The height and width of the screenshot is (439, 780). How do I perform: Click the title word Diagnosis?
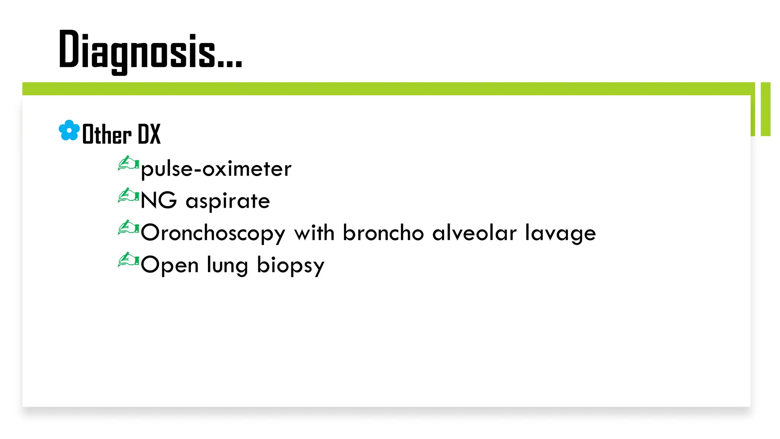coord(137,51)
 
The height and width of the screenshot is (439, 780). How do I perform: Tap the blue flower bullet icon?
coord(69,130)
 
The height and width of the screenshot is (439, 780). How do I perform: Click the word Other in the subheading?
coord(107,135)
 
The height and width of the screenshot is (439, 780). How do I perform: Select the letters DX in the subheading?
coord(149,134)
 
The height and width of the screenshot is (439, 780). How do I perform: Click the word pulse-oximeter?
coord(216,169)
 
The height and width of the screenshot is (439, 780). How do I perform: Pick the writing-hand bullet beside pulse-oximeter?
coord(128,164)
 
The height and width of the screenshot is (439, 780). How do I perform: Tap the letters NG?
coord(158,200)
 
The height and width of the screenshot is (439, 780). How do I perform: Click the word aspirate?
coord(228,201)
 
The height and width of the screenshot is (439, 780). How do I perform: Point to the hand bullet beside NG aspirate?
coord(128,196)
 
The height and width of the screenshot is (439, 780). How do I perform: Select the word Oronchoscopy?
coord(213,233)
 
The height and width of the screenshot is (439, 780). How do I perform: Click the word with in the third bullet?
coord(314,232)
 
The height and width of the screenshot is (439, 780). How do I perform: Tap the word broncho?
coord(383,232)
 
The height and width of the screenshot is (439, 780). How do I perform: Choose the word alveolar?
coord(475,232)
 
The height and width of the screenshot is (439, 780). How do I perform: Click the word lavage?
coord(560,233)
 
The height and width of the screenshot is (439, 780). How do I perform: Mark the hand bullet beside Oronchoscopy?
coord(128,228)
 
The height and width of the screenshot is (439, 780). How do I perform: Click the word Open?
coord(169,265)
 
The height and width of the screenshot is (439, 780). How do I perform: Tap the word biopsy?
coord(291,266)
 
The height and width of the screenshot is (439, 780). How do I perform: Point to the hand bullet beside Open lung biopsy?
coord(128,260)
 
